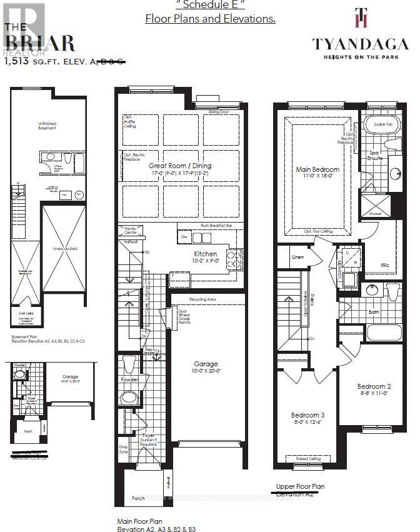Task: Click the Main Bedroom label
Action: pyautogui.click(x=317, y=169)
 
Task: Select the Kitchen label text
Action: pyautogui.click(x=206, y=254)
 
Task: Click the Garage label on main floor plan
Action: pyautogui.click(x=206, y=364)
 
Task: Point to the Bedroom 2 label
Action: pyautogui.click(x=374, y=386)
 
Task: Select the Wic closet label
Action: pyautogui.click(x=385, y=265)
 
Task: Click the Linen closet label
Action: pyautogui.click(x=298, y=257)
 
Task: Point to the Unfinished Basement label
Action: pyautogui.click(x=47, y=127)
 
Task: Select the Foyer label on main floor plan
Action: pyautogui.click(x=148, y=436)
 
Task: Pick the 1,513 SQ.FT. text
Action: pyautogui.click(x=37, y=61)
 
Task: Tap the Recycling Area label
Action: pyautogui.click(x=204, y=300)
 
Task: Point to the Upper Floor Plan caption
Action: pyautogui.click(x=300, y=486)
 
